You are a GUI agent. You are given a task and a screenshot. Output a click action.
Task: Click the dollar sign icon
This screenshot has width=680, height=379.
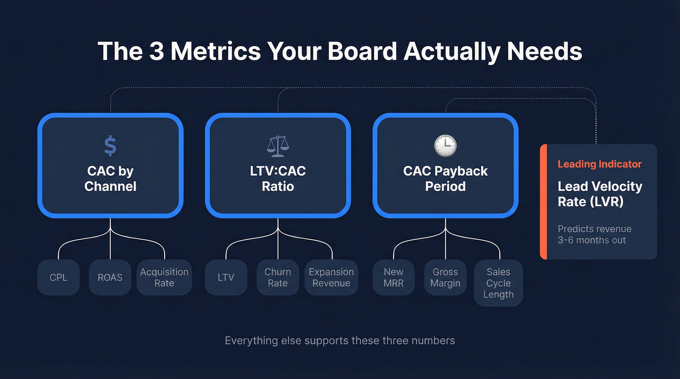coord(110,146)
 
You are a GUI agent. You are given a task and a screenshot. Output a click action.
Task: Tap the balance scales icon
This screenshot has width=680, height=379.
coord(278,145)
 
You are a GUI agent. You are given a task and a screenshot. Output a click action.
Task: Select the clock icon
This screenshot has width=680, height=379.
coord(445,146)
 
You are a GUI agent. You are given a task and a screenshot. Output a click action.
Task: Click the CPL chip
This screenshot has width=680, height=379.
coord(58,278)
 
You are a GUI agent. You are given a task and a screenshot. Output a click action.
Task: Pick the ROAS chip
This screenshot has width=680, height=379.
coord(110,278)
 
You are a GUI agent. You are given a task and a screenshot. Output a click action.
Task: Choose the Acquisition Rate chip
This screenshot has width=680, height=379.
coord(164,278)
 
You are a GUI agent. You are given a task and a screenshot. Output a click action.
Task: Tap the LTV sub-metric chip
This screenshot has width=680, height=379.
coord(226,278)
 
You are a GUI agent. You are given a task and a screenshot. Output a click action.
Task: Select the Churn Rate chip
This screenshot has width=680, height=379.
coord(278,278)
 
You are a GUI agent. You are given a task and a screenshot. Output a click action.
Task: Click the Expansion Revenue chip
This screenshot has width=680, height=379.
coord(331,278)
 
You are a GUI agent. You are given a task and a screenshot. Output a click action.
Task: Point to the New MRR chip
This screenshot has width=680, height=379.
coord(393,278)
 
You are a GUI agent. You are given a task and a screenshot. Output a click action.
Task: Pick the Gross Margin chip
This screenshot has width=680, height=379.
coord(445,278)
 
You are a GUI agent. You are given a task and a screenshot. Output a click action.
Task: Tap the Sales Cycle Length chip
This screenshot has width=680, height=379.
coord(498,283)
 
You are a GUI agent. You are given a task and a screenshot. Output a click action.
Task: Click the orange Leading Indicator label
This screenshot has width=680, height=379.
coord(599,164)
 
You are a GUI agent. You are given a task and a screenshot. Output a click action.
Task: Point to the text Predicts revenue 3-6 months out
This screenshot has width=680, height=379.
coord(595,234)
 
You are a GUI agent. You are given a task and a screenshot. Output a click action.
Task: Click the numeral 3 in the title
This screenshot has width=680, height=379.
coord(156,51)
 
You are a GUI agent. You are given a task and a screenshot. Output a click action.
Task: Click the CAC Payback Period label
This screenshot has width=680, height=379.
coord(445,179)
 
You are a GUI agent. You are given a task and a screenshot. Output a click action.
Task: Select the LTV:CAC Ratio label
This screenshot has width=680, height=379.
coord(278,179)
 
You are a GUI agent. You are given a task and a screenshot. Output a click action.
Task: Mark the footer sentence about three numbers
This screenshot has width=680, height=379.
coord(340,341)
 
